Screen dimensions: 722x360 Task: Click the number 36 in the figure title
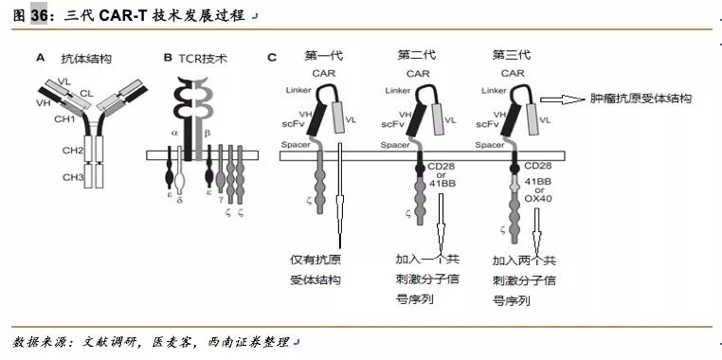[x=39, y=15]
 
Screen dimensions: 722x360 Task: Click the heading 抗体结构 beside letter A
[x=86, y=59]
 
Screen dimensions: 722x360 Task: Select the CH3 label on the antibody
[x=73, y=177]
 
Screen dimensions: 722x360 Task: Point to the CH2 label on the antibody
[x=73, y=150]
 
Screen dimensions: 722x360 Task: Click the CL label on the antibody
[x=86, y=94]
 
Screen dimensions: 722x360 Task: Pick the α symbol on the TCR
[x=174, y=134]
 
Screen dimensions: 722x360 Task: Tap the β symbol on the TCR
[x=208, y=134]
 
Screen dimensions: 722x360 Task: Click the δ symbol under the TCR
[x=180, y=200]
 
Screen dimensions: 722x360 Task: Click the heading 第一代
[x=324, y=56]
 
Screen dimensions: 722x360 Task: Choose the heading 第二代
[x=417, y=55]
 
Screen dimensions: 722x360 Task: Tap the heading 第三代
[x=511, y=55]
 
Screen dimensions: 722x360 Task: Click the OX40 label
[x=538, y=198]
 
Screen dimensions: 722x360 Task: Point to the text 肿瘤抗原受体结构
[x=641, y=99]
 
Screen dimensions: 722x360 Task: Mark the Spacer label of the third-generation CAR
[x=489, y=145]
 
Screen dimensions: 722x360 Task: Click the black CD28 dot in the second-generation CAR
[x=420, y=169]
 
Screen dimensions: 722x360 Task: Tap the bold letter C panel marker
[x=272, y=58]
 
